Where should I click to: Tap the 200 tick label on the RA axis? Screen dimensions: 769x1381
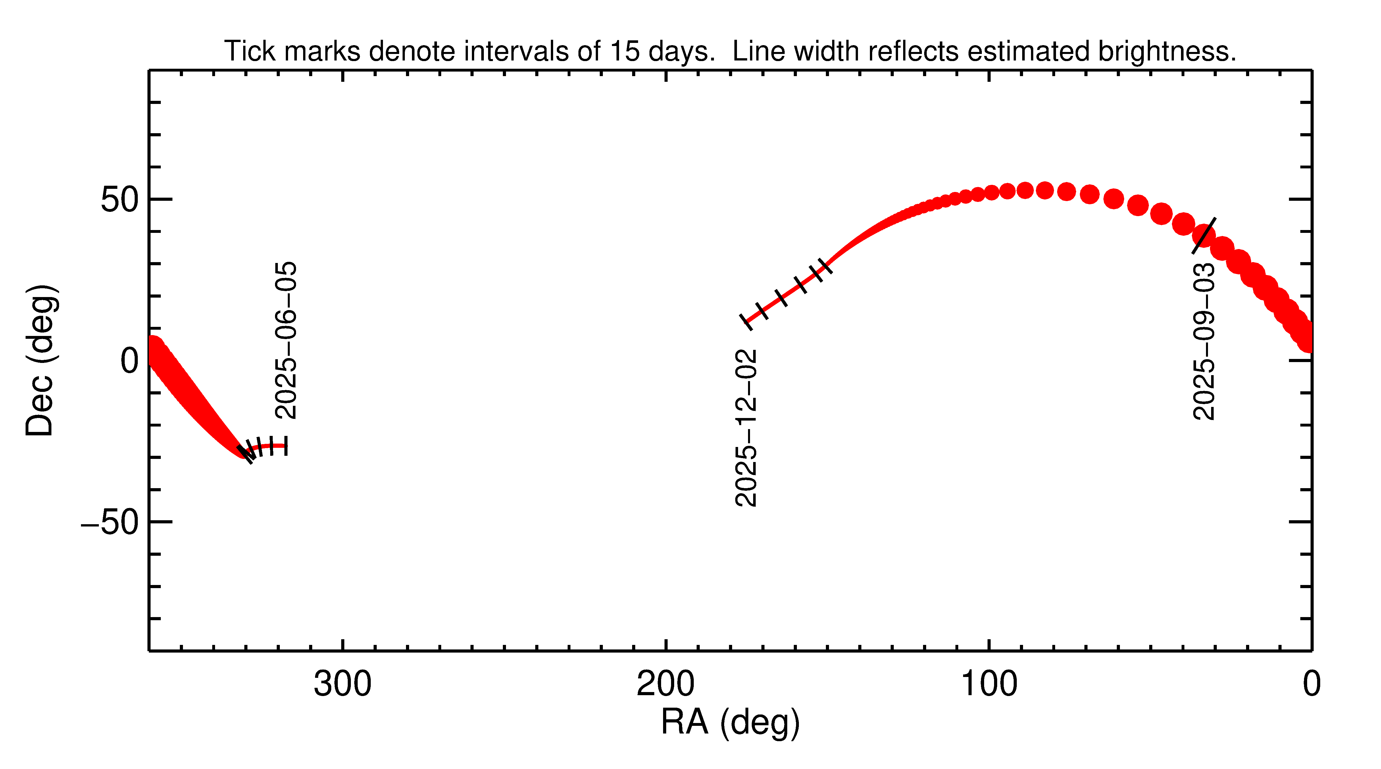665,684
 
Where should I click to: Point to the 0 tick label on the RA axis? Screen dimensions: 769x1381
1311,684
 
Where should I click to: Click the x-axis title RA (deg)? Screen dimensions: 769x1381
730,722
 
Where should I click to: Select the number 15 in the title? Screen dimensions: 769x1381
624,51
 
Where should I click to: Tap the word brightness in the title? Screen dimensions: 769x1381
1166,51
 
